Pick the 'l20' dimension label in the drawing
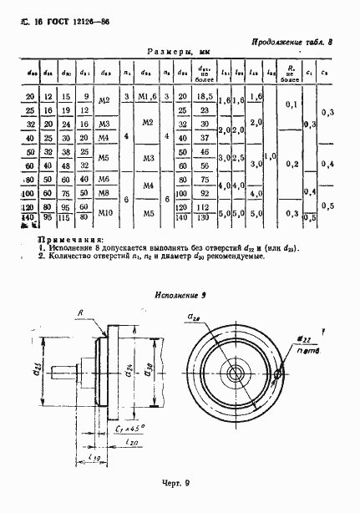point(127,444)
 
